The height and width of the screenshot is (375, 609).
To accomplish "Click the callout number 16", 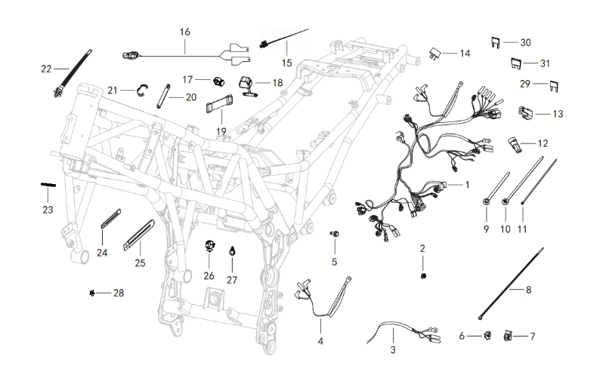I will pyautogui.click(x=185, y=32).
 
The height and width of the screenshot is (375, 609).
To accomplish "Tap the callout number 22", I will pyautogui.click(x=46, y=69).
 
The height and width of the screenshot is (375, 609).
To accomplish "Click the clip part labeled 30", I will pyautogui.click(x=495, y=42).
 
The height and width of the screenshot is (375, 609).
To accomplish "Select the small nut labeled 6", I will pyautogui.click(x=487, y=336).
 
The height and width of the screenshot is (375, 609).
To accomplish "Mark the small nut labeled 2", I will pyautogui.click(x=423, y=275).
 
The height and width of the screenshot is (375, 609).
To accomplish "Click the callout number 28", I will pyautogui.click(x=118, y=292).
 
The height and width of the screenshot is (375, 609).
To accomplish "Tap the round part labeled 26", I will pyautogui.click(x=209, y=244).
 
